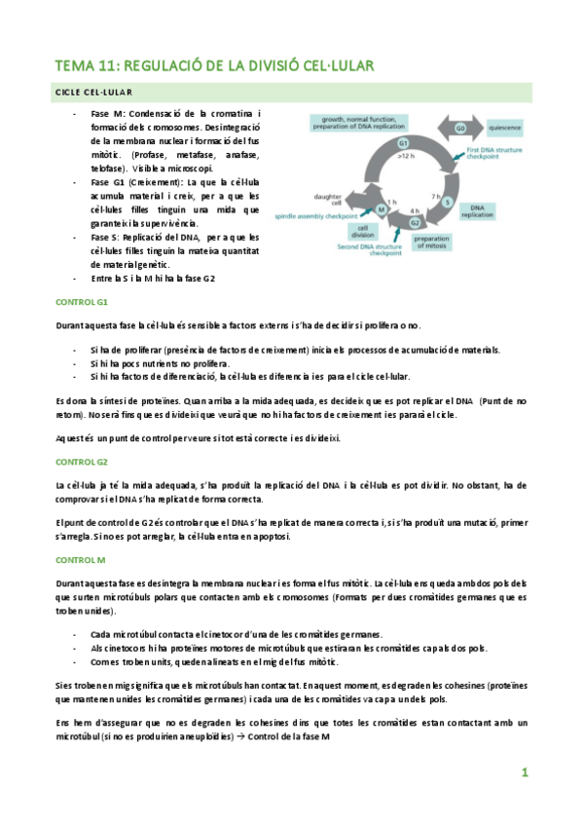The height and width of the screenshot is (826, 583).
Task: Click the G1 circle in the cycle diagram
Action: tap(402, 143)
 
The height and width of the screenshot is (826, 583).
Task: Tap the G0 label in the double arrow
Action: tap(461, 129)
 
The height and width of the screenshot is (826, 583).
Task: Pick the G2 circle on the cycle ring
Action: tap(416, 222)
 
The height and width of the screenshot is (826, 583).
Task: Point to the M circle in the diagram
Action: tap(381, 209)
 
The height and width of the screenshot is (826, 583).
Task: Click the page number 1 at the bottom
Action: tap(524, 773)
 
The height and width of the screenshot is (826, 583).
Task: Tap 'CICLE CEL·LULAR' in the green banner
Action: tap(92, 92)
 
